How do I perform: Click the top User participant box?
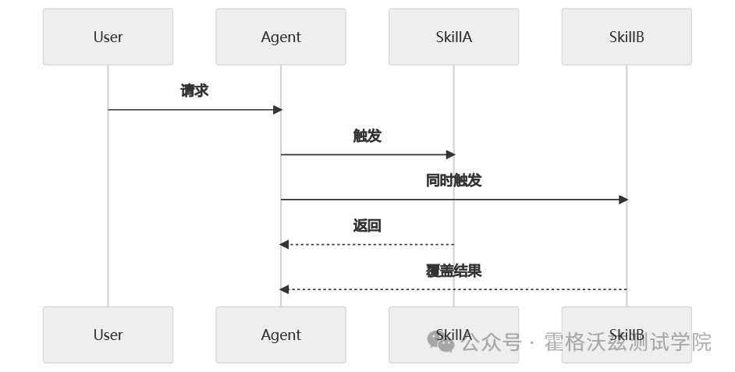(108, 37)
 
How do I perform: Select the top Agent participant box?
(281, 37)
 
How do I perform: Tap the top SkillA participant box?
(453, 37)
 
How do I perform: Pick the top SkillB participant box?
(627, 37)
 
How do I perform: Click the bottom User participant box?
(108, 335)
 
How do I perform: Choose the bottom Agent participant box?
(281, 335)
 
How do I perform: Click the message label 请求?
(194, 90)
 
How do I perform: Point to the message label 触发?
(367, 136)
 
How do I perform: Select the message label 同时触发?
(453, 180)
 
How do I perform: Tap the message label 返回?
(367, 225)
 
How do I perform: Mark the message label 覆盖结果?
(453, 271)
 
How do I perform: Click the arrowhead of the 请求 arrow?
(277, 110)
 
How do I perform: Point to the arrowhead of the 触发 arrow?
(449, 154)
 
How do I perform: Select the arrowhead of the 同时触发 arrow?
(623, 200)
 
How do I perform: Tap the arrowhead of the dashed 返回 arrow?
(285, 245)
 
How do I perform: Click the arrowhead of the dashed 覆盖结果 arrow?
(285, 289)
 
